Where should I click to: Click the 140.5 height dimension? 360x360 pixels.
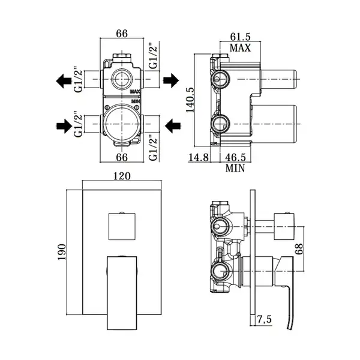tap(190, 100)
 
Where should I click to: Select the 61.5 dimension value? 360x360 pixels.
tap(240, 37)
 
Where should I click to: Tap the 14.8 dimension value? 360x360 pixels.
tap(199, 157)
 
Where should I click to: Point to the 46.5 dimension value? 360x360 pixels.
tap(235, 157)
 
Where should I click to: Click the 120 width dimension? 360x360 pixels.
tap(122, 176)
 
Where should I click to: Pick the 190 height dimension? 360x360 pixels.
tap(62, 252)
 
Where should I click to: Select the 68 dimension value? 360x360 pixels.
tap(299, 249)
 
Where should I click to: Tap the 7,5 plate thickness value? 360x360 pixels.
tap(264, 319)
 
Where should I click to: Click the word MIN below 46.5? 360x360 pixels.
tap(235, 168)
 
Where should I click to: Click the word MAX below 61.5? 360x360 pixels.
tap(240, 48)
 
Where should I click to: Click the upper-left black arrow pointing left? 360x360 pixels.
tap(64, 80)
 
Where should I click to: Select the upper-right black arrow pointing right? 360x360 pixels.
tap(171, 80)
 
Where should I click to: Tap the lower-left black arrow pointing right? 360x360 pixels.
tap(64, 126)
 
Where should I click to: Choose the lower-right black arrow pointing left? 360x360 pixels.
tap(173, 126)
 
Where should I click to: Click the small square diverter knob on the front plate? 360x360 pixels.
tap(122, 226)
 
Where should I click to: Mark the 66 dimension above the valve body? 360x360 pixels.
tap(122, 34)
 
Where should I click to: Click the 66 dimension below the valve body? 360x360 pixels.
tap(122, 157)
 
